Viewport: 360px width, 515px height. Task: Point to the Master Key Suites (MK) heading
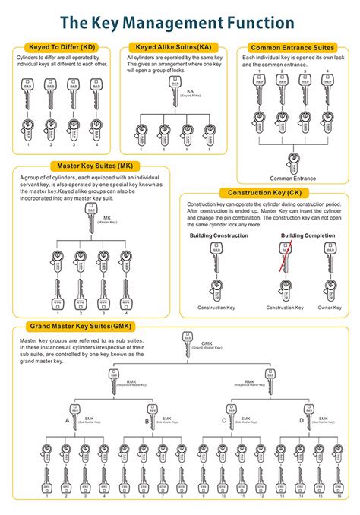(x=88, y=166)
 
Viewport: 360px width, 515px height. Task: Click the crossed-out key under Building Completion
(x=286, y=257)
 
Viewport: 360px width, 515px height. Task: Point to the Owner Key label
(x=328, y=308)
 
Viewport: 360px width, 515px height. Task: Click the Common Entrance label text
(x=292, y=178)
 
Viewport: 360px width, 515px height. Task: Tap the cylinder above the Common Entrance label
(x=292, y=162)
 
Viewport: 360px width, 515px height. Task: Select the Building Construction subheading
(x=219, y=236)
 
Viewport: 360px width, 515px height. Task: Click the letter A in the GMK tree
(x=67, y=419)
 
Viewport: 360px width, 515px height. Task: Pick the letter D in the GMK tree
(x=302, y=419)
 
